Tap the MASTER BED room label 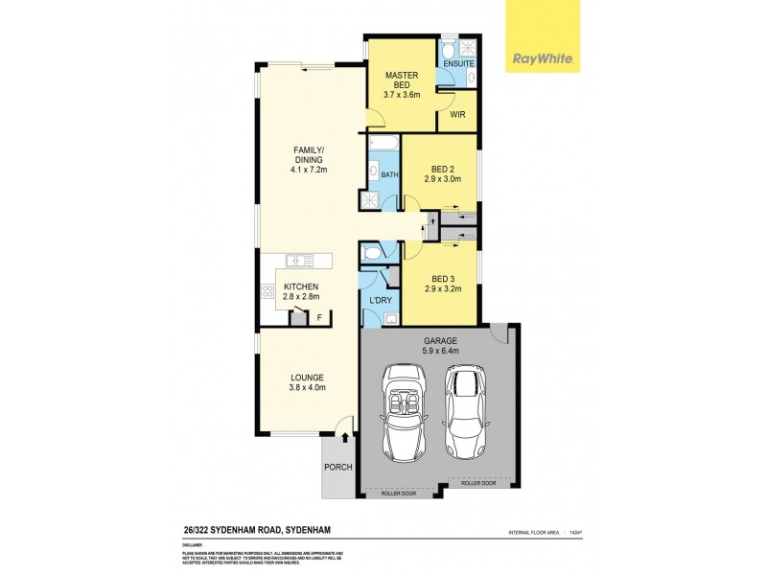pyautogui.click(x=400, y=80)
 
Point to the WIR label pyautogui.click(x=457, y=114)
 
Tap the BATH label pyautogui.click(x=389, y=175)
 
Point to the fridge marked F pyautogui.click(x=318, y=317)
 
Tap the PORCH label pyautogui.click(x=339, y=467)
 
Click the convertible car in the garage pyautogui.click(x=406, y=410)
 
